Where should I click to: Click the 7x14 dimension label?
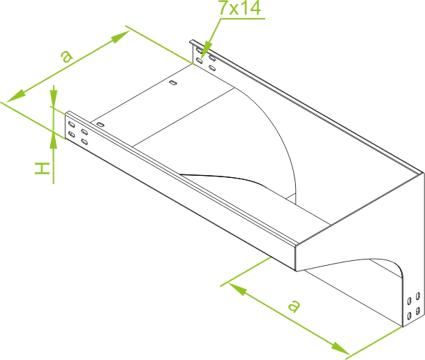tap(239, 7)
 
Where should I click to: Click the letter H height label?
tap(42, 168)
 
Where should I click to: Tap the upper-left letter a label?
tap(66, 57)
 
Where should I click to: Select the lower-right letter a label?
tap(294, 306)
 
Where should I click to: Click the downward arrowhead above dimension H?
tap(54, 99)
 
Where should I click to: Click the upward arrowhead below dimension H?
tap(54, 140)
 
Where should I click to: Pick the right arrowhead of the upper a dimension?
tap(120, 37)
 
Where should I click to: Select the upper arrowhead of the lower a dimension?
tap(237, 288)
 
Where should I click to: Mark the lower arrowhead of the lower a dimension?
tap(341, 348)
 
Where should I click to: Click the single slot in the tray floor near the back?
tap(173, 82)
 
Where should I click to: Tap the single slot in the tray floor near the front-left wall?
tap(100, 125)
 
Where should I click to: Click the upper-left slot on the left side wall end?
tap(72, 125)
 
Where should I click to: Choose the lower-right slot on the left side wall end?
tap(84, 142)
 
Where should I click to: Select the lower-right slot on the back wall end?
tap(212, 68)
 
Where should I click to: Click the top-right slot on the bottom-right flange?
tap(418, 296)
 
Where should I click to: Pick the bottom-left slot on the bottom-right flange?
tap(409, 315)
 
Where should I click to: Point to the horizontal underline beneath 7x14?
tap(243, 19)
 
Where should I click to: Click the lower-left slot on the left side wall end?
tap(72, 134)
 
